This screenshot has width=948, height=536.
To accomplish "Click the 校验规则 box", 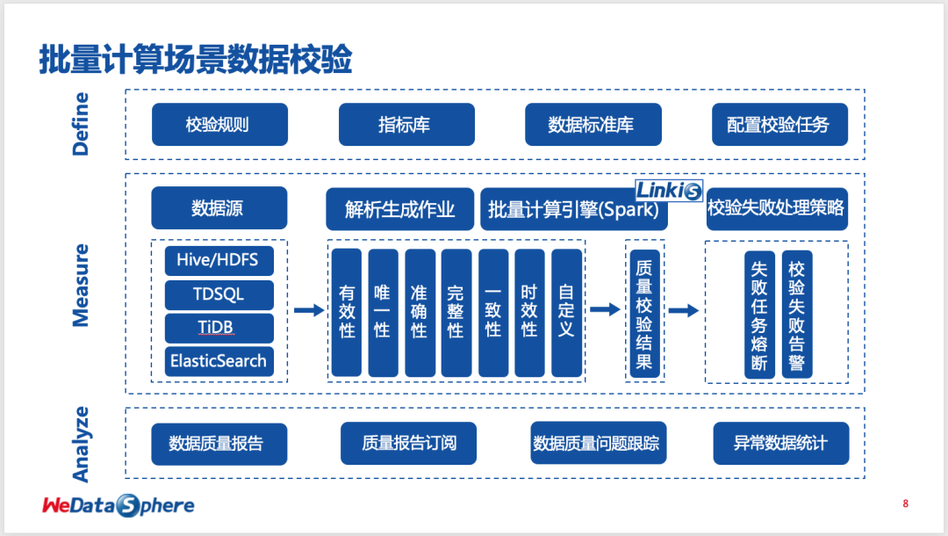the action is (219, 125).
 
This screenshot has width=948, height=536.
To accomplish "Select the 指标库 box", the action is (406, 125).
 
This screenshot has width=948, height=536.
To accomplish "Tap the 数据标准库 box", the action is (593, 125).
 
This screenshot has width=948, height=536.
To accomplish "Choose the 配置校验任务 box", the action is (779, 125).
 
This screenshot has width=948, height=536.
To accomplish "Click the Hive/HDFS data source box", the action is (219, 260).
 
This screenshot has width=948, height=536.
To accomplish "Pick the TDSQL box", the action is (219, 294).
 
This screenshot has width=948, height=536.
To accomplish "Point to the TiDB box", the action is (219, 328).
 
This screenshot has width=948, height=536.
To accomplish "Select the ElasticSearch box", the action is (219, 361).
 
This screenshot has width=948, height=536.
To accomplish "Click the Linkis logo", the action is (669, 191).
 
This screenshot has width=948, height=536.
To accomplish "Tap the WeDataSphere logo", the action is (118, 505).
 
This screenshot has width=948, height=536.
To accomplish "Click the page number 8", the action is (905, 503).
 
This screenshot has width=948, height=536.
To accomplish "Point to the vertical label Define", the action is (81, 124).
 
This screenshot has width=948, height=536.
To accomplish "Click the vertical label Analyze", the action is (81, 444).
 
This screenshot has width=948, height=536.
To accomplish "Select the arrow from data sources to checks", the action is (309, 310).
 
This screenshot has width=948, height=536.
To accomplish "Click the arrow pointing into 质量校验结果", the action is (605, 310).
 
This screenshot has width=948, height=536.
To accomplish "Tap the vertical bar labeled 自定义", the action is (566, 312).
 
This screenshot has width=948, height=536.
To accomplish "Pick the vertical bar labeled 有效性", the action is (347, 312).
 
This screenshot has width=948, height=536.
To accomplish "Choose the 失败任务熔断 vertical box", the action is (759, 315).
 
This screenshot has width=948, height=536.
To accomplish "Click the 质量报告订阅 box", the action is (409, 444).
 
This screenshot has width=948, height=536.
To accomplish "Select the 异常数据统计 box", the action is (781, 444).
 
